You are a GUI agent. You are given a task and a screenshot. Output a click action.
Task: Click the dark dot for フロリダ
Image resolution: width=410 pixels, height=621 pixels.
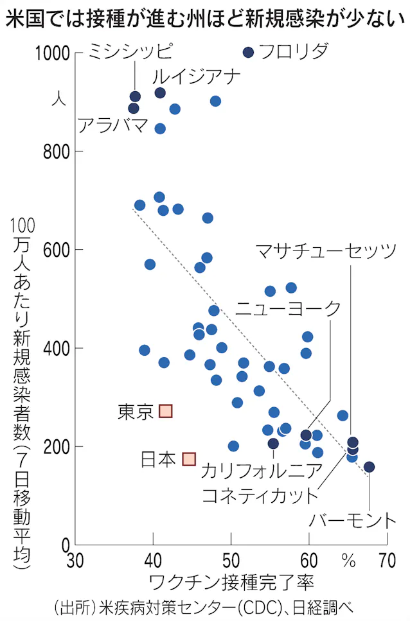pyautogui.click(x=249, y=52)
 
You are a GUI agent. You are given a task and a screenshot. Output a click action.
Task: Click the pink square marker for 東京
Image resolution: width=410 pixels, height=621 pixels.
pyautogui.click(x=166, y=411)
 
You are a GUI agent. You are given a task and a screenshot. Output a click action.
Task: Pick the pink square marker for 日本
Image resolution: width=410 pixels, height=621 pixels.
pyautogui.click(x=189, y=459)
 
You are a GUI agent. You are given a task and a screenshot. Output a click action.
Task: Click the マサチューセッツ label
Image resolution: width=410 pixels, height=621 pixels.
pyautogui.click(x=326, y=250)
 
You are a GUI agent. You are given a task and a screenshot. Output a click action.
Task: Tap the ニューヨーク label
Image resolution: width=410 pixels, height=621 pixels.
pyautogui.click(x=287, y=308)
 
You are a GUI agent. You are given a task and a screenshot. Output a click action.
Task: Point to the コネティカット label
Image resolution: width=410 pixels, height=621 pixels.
pyautogui.click(x=260, y=496)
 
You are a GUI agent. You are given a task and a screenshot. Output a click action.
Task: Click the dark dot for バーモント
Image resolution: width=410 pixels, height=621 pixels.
pyautogui.click(x=369, y=467)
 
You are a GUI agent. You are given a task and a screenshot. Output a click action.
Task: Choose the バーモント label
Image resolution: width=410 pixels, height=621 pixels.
pyautogui.click(x=350, y=520)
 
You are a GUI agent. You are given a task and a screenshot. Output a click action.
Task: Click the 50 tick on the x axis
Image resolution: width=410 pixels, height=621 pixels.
pyautogui.click(x=231, y=561)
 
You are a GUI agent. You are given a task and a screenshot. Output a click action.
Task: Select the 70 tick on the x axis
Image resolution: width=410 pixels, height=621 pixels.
pyautogui.click(x=386, y=561)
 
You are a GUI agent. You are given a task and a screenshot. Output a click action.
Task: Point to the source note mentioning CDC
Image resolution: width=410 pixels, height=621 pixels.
pyautogui.click(x=204, y=607)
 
